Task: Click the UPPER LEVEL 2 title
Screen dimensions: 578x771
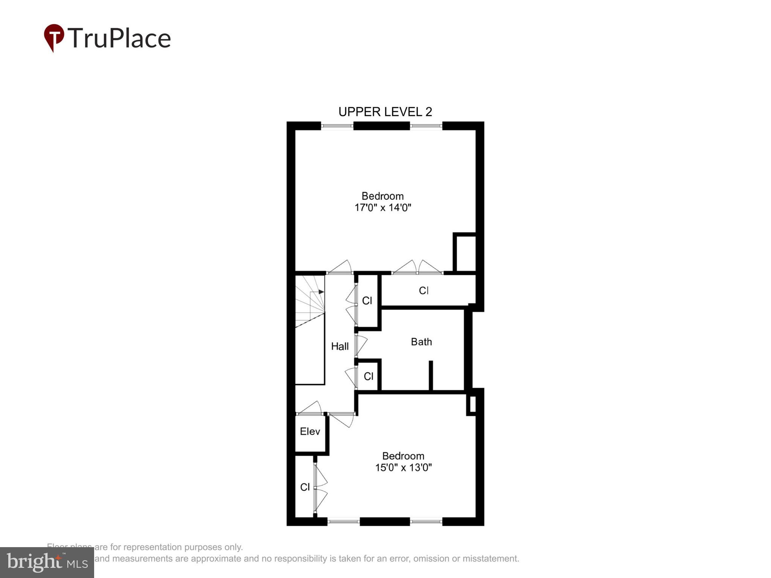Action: (x=385, y=112)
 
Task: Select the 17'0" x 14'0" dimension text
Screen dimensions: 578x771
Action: (x=382, y=208)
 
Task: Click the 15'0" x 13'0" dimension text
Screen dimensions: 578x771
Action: (x=403, y=468)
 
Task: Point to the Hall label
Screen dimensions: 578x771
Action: (x=340, y=346)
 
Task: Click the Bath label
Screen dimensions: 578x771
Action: (x=421, y=342)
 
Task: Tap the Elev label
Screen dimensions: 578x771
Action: (x=310, y=431)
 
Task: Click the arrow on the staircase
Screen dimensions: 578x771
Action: (x=320, y=292)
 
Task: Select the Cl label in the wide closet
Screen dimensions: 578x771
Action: (x=424, y=291)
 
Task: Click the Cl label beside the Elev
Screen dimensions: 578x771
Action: (x=305, y=487)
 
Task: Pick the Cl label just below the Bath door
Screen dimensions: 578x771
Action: (x=369, y=376)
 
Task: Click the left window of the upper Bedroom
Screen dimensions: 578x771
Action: (x=337, y=126)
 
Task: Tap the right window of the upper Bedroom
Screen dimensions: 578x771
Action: (x=426, y=126)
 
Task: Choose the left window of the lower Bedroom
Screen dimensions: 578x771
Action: (x=343, y=522)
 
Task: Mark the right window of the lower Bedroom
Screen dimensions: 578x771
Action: (x=426, y=522)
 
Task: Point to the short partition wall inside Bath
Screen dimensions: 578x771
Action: (x=431, y=376)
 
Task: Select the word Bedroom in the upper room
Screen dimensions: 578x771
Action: (x=382, y=196)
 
